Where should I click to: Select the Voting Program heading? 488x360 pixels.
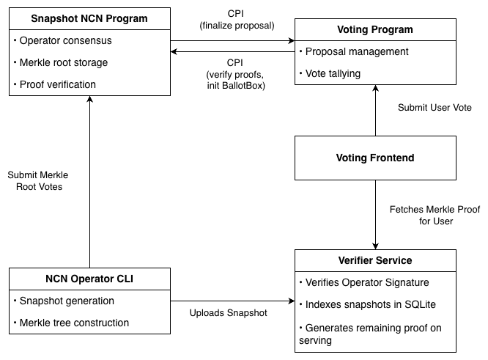pyautogui.click(x=374, y=30)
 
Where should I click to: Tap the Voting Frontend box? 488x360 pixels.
pyautogui.click(x=374, y=158)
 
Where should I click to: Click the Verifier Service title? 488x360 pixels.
pyautogui.click(x=374, y=260)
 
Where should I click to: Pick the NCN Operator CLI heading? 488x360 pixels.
pyautogui.click(x=89, y=279)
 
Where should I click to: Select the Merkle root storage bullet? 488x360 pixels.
pyautogui.click(x=64, y=62)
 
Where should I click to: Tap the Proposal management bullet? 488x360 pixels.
pyautogui.click(x=356, y=52)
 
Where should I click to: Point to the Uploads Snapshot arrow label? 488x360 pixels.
pyautogui.click(x=228, y=313)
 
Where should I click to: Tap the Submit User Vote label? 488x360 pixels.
pyautogui.click(x=435, y=108)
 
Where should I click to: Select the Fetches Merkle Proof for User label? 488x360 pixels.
pyautogui.click(x=435, y=215)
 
